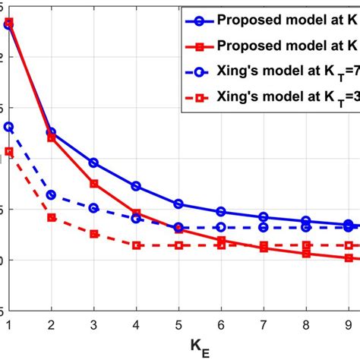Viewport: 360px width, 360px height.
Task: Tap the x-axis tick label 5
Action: (178, 322)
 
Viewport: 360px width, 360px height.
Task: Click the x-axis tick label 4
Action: (136, 322)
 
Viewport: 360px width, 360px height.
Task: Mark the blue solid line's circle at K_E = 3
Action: (93, 163)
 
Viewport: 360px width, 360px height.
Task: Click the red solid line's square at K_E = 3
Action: (93, 184)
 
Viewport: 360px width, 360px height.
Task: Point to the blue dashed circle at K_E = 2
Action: (51, 195)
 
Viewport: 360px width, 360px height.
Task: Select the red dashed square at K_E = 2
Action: (51, 217)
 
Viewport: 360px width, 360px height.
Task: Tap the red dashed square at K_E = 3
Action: (93, 234)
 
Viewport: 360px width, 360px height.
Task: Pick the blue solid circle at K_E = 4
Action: (136, 186)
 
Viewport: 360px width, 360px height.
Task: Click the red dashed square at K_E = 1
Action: (8, 152)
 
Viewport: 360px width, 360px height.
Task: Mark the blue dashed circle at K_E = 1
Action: (8, 127)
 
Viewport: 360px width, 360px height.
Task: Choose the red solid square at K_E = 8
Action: (306, 254)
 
